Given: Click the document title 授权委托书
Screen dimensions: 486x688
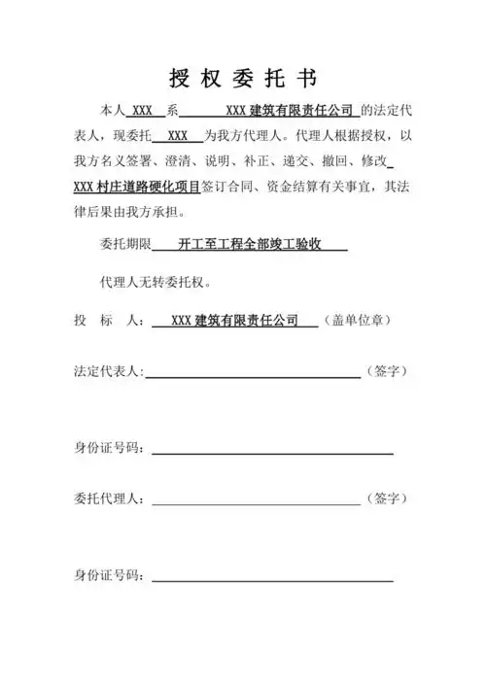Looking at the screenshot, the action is [x=242, y=78].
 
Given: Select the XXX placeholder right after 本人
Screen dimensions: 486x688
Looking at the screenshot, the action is [x=143, y=110].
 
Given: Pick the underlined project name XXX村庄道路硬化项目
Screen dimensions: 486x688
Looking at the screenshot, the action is [x=136, y=187].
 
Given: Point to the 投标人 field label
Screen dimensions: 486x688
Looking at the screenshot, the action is [x=108, y=320].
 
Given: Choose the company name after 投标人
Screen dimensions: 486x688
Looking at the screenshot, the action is [x=233, y=320].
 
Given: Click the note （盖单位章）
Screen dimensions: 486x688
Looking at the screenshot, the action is [x=361, y=320].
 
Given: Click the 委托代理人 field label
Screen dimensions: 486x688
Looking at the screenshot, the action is [x=109, y=499].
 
